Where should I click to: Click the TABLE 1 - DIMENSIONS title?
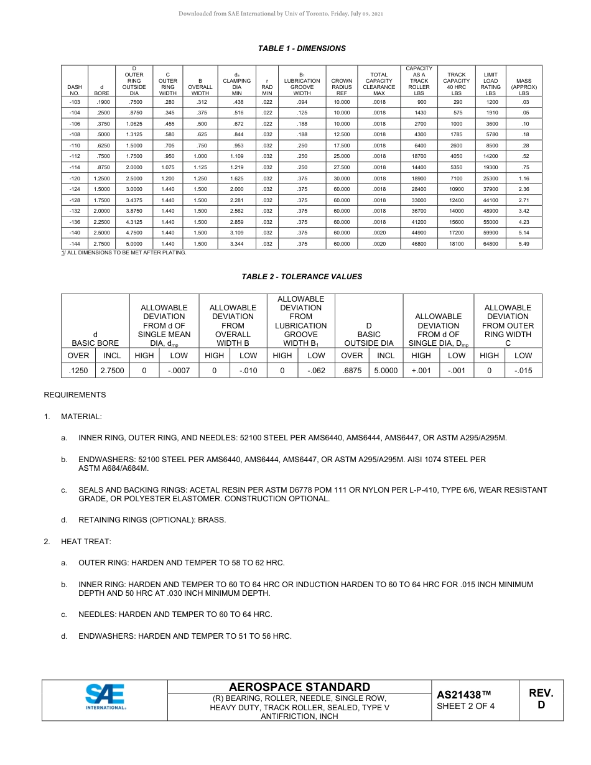click(x=302, y=48)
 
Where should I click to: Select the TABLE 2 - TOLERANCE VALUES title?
click(x=302, y=276)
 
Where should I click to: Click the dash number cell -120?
click(x=75, y=178)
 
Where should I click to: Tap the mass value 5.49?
click(x=523, y=244)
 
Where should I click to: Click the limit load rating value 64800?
click(x=491, y=244)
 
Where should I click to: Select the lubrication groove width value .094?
click(x=302, y=101)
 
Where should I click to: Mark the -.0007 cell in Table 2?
click(x=179, y=371)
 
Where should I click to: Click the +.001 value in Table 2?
click(x=421, y=371)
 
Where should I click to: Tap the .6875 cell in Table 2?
click(x=352, y=371)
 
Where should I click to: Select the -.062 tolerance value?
click(x=316, y=371)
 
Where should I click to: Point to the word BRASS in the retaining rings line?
click(x=212, y=519)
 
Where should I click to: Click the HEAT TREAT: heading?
click(x=86, y=542)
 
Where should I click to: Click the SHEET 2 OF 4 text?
click(x=465, y=706)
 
